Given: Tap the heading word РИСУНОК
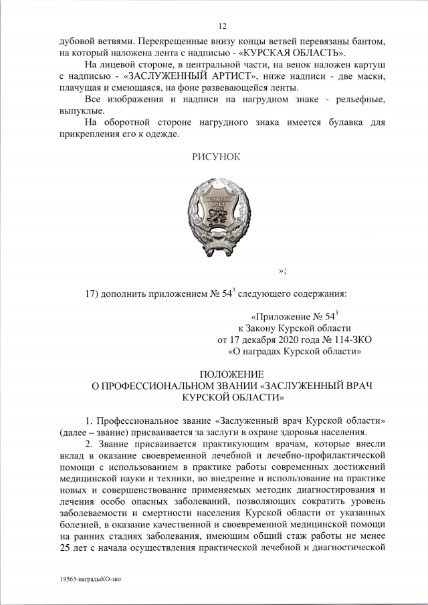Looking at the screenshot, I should [215, 156].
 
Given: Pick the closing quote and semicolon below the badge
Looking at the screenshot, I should [283, 269].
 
